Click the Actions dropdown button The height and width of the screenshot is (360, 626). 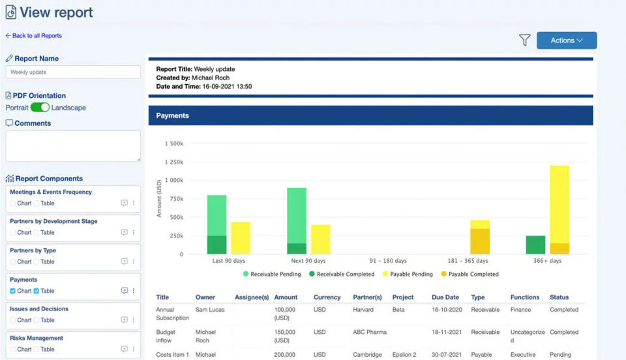tap(566, 40)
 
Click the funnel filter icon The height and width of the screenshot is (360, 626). tap(524, 40)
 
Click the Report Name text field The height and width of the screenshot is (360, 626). tap(73, 72)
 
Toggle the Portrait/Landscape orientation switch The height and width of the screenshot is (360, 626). tap(40, 108)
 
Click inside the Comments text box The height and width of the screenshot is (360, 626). tap(73, 145)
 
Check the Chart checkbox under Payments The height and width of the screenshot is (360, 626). tap(13, 291)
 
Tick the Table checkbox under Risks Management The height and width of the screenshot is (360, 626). tap(37, 350)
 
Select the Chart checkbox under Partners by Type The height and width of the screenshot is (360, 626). tap(13, 262)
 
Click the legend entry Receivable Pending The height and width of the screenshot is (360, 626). tap(272, 275)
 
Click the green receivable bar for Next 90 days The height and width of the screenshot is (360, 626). tap(297, 215)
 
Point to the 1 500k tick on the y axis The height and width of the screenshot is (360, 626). tap(174, 143)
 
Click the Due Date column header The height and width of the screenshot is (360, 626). tap(445, 297)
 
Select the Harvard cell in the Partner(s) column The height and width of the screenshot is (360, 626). tap(363, 310)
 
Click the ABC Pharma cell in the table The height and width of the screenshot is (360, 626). tap(370, 332)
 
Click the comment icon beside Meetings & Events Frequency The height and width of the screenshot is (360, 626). tap(125, 203)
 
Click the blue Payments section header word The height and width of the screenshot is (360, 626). tap(173, 115)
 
